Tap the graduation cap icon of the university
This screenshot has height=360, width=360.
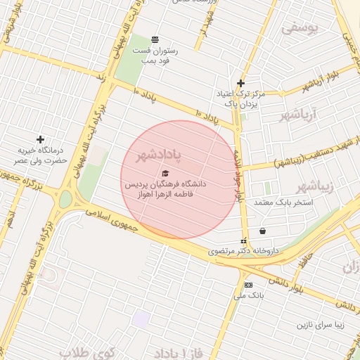pos(165,173)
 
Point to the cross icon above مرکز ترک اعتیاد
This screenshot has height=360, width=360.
pos(240,82)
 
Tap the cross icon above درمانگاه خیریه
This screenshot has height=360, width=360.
pos(40,139)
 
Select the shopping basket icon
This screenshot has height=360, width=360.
pos(262,231)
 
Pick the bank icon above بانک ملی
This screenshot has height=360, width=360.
pos(248,285)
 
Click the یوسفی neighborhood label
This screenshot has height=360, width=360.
pos(301,28)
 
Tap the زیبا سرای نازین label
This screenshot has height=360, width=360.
pos(322,326)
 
